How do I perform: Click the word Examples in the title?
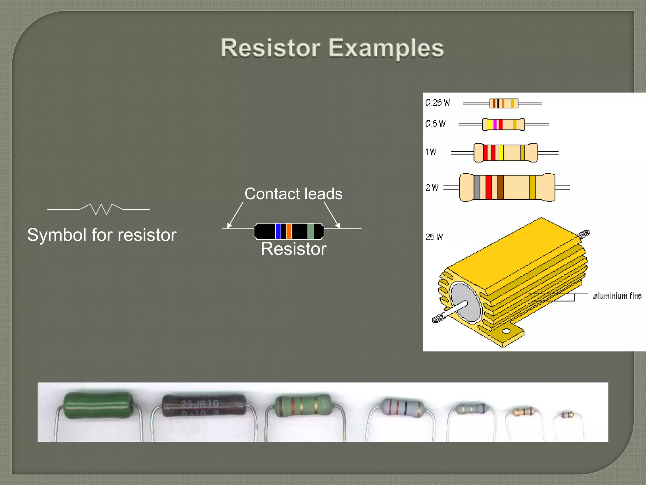386,48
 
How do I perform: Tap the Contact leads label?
293,194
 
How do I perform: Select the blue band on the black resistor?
278,231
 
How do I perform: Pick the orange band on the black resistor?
289,231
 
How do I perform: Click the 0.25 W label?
438,103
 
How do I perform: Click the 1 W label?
431,152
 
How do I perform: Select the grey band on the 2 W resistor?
477,187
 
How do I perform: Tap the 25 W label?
434,237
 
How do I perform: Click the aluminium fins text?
617,296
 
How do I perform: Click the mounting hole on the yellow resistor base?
506,331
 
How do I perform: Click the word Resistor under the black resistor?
293,249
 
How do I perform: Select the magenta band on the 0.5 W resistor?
495,124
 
